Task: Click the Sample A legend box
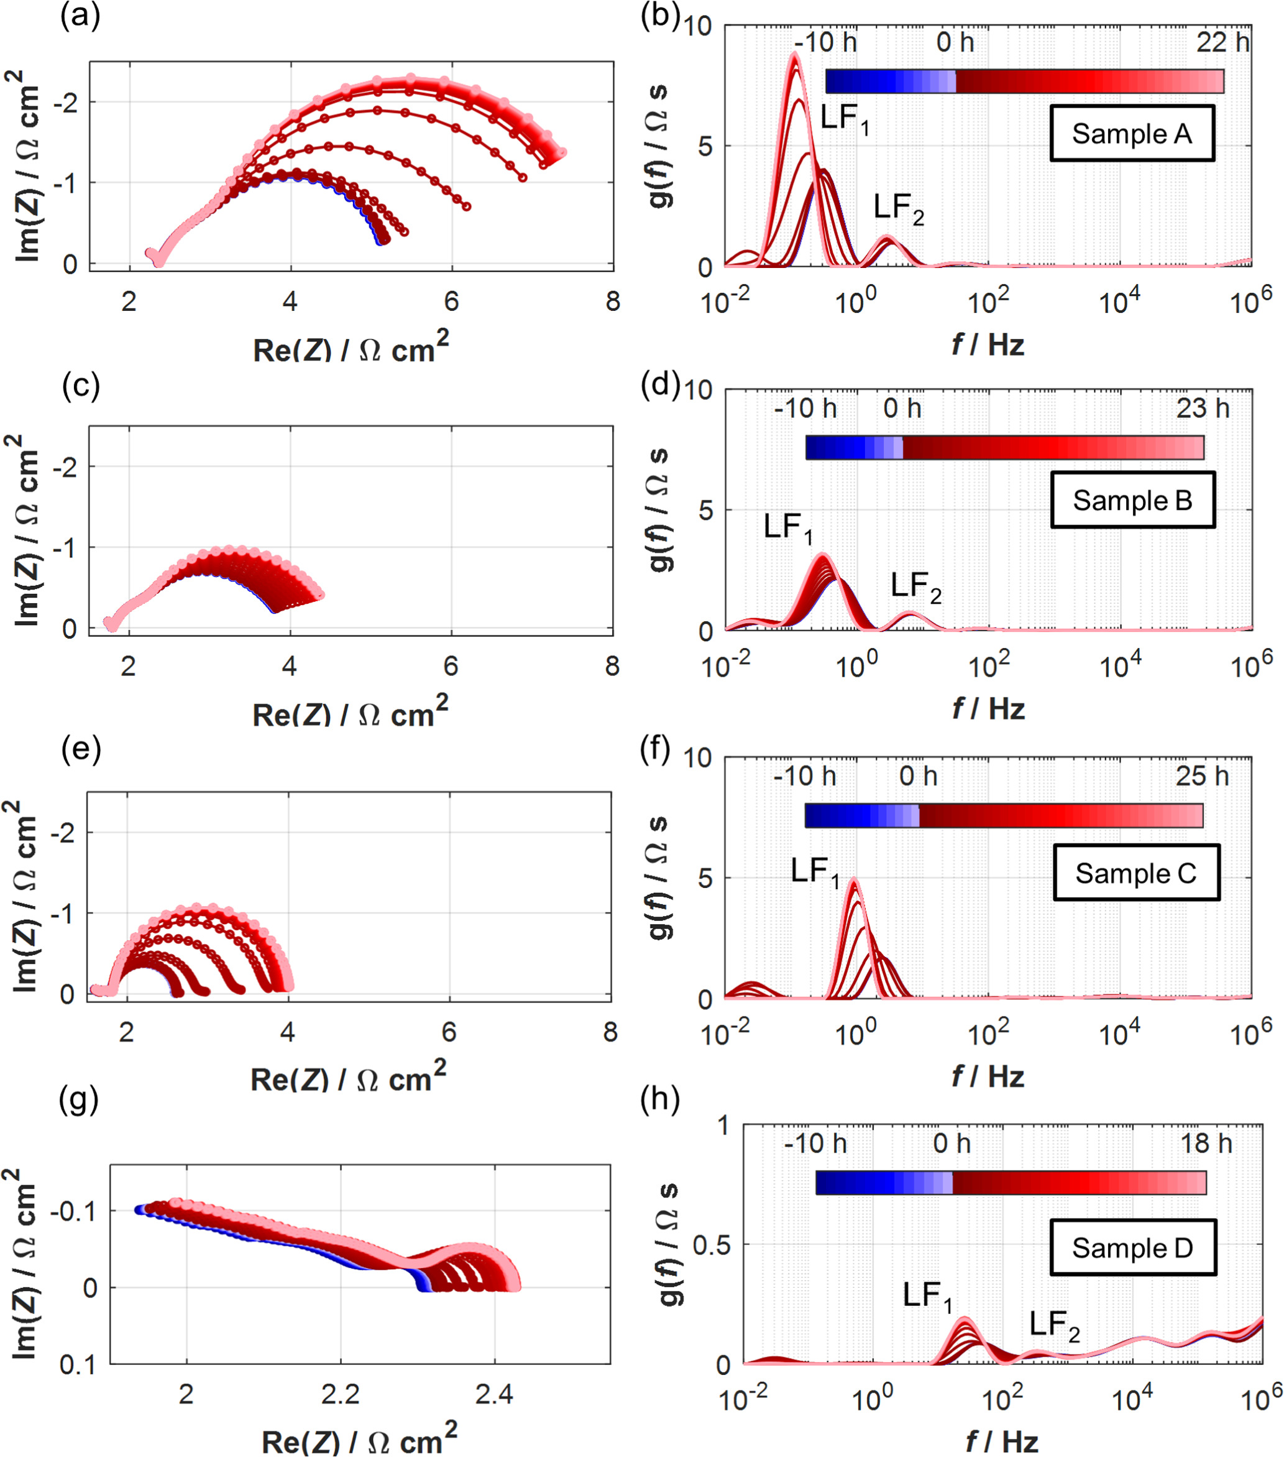(1132, 133)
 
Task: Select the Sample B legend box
(1132, 500)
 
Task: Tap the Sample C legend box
(1136, 872)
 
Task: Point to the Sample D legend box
(1132, 1247)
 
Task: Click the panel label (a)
(80, 16)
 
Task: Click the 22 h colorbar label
(1222, 42)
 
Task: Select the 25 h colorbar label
(1202, 775)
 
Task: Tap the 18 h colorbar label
(1206, 1144)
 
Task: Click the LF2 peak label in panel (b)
(899, 208)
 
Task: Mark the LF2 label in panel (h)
(1054, 1324)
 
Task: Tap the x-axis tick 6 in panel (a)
(451, 302)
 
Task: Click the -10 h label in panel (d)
(805, 409)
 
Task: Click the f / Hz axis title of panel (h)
(1001, 1441)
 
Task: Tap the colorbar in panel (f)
(1003, 815)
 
